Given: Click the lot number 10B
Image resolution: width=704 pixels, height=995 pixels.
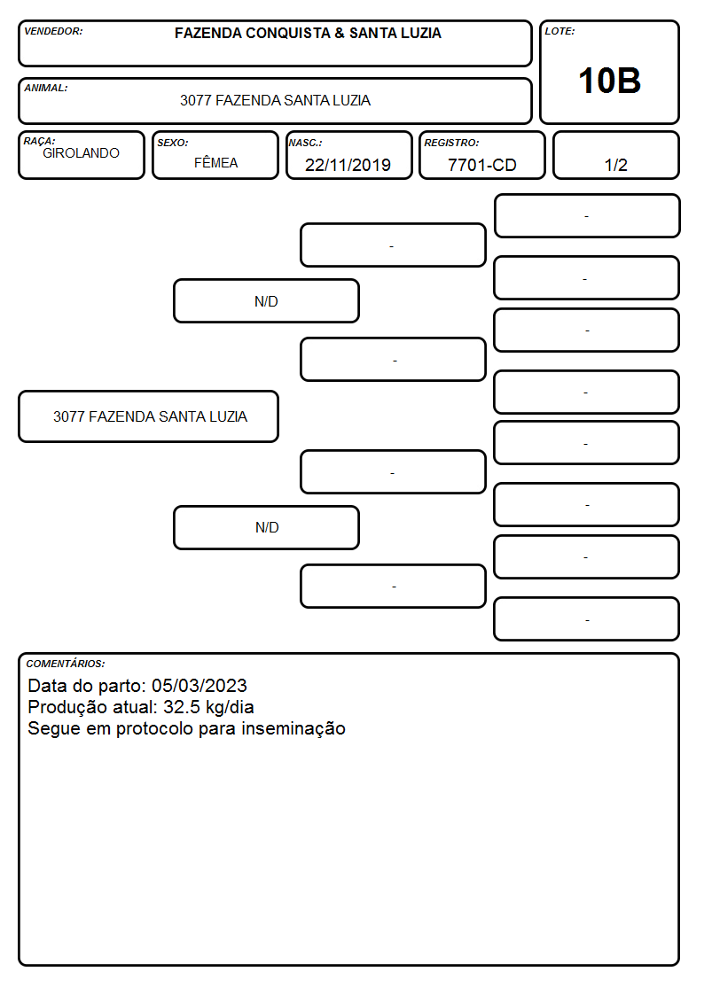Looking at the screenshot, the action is point(609,82).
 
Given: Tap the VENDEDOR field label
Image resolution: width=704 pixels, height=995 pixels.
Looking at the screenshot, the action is point(53,31).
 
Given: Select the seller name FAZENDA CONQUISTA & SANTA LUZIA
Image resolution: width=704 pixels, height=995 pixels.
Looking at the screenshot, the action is point(308,33).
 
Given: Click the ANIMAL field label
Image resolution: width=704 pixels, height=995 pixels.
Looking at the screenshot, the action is point(46,89).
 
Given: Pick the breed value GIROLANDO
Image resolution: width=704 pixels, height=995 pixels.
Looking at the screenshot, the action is point(81,153).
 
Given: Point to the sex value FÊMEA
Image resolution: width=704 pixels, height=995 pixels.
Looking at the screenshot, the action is point(215,162).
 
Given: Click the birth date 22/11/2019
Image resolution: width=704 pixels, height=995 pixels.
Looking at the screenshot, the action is point(348,165).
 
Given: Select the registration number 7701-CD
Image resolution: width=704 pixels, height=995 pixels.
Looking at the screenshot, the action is point(481,165).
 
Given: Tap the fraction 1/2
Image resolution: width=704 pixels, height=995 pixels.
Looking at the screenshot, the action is point(615,165).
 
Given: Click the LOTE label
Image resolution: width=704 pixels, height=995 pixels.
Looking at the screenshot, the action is point(559,31).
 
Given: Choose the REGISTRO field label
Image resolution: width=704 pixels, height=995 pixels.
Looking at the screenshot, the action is point(451,143).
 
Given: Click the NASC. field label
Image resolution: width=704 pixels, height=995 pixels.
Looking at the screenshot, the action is point(305,143).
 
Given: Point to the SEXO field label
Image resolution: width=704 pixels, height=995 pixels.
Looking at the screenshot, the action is point(173,143).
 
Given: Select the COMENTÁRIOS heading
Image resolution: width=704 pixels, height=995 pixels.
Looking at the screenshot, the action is point(66,664).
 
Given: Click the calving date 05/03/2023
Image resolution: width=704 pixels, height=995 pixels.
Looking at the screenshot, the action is point(199,685).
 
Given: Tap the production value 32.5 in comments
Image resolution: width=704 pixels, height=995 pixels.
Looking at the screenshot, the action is point(182,707).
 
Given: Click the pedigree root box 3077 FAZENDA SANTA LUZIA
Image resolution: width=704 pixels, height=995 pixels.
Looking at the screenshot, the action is point(149,416).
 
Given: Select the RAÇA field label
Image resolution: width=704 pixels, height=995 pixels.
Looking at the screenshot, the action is point(39,141).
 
